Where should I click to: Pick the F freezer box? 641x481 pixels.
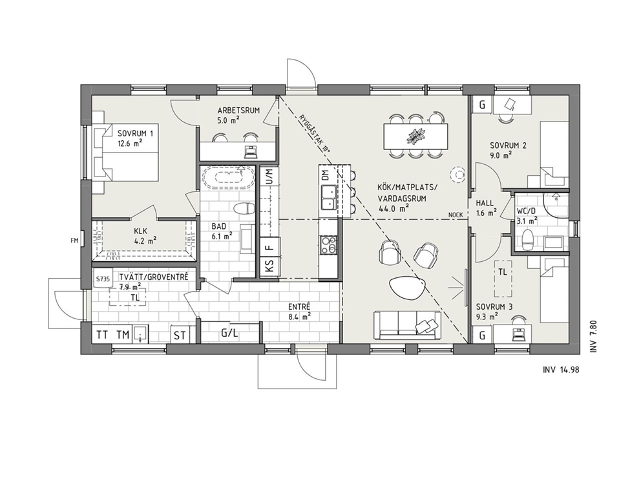coord(269,247)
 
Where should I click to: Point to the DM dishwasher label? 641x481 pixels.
coord(325,175)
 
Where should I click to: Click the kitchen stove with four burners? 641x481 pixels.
coord(329,246)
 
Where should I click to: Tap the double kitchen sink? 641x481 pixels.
coord(329,197)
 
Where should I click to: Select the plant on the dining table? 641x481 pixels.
coord(415,135)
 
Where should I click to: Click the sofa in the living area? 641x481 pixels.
coord(408,325)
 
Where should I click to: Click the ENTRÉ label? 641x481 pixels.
coord(299,306)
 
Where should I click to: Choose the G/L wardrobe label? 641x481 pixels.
coord(229,334)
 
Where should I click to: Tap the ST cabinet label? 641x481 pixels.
coord(180,336)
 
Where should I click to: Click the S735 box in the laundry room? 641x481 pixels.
coord(103,279)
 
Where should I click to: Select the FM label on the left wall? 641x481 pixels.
coord(74,240)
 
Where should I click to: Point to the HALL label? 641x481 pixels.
coord(485,203)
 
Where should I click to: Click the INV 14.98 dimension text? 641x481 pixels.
coord(561,370)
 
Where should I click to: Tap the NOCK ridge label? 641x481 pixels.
coord(456,215)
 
